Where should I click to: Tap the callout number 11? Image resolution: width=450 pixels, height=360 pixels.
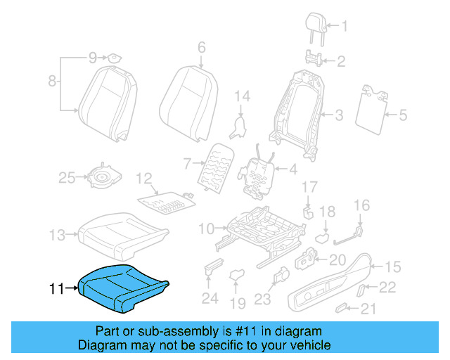(x=57, y=288)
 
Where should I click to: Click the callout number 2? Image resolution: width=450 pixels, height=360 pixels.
(x=341, y=62)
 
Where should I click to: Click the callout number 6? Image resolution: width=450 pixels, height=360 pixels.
(x=201, y=48)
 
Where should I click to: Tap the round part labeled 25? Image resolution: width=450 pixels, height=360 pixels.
(x=103, y=179)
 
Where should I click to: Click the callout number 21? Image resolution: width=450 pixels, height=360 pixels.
(x=368, y=309)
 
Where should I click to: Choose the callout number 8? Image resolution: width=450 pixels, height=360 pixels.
(x=52, y=82)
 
